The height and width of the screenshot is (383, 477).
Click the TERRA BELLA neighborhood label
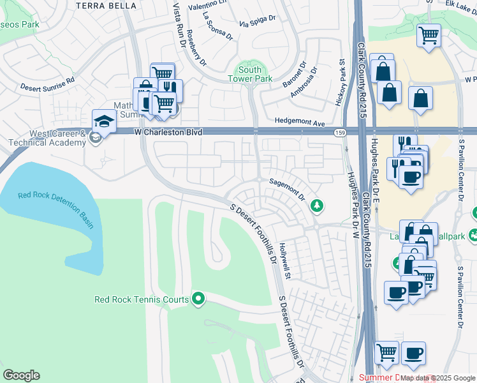tap(106, 5)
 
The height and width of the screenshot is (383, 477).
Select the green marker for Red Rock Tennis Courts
tap(198, 298)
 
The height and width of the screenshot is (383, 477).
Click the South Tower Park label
tap(250, 74)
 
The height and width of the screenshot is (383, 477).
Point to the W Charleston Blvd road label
tap(168, 132)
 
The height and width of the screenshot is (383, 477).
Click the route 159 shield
tap(339, 133)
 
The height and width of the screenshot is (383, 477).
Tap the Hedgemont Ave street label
tap(300, 121)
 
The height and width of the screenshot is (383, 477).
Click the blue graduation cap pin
tap(103, 120)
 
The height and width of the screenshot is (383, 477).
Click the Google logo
tap(21, 375)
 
